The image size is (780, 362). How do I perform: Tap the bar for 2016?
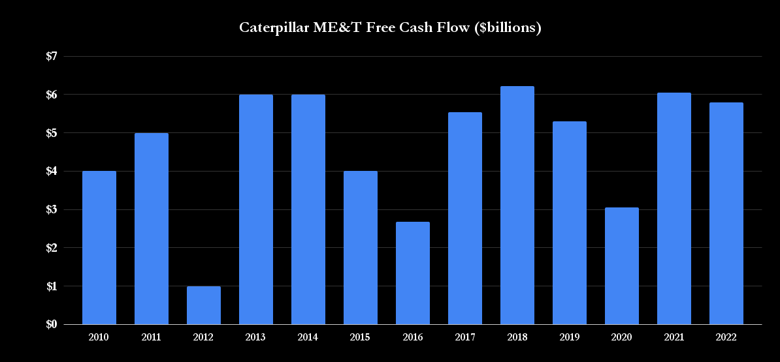pyautogui.click(x=413, y=273)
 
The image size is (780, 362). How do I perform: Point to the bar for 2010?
pyautogui.click(x=99, y=248)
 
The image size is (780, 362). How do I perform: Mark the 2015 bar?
pyautogui.click(x=361, y=248)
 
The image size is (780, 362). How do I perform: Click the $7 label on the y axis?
pyautogui.click(x=52, y=56)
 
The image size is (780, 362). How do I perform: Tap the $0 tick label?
pyautogui.click(x=52, y=324)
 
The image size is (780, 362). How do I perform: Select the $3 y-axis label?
pyautogui.click(x=52, y=209)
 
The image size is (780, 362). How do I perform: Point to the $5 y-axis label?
pyautogui.click(x=52, y=133)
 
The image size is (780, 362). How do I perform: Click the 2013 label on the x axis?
pyautogui.click(x=256, y=337)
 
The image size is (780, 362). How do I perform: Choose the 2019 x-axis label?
pyautogui.click(x=570, y=337)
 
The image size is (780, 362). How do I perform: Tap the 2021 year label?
pyautogui.click(x=674, y=337)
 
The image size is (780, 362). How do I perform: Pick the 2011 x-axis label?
pyautogui.click(x=152, y=337)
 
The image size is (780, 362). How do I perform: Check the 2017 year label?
pyautogui.click(x=465, y=337)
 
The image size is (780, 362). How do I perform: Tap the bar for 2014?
pyautogui.click(x=308, y=209)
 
